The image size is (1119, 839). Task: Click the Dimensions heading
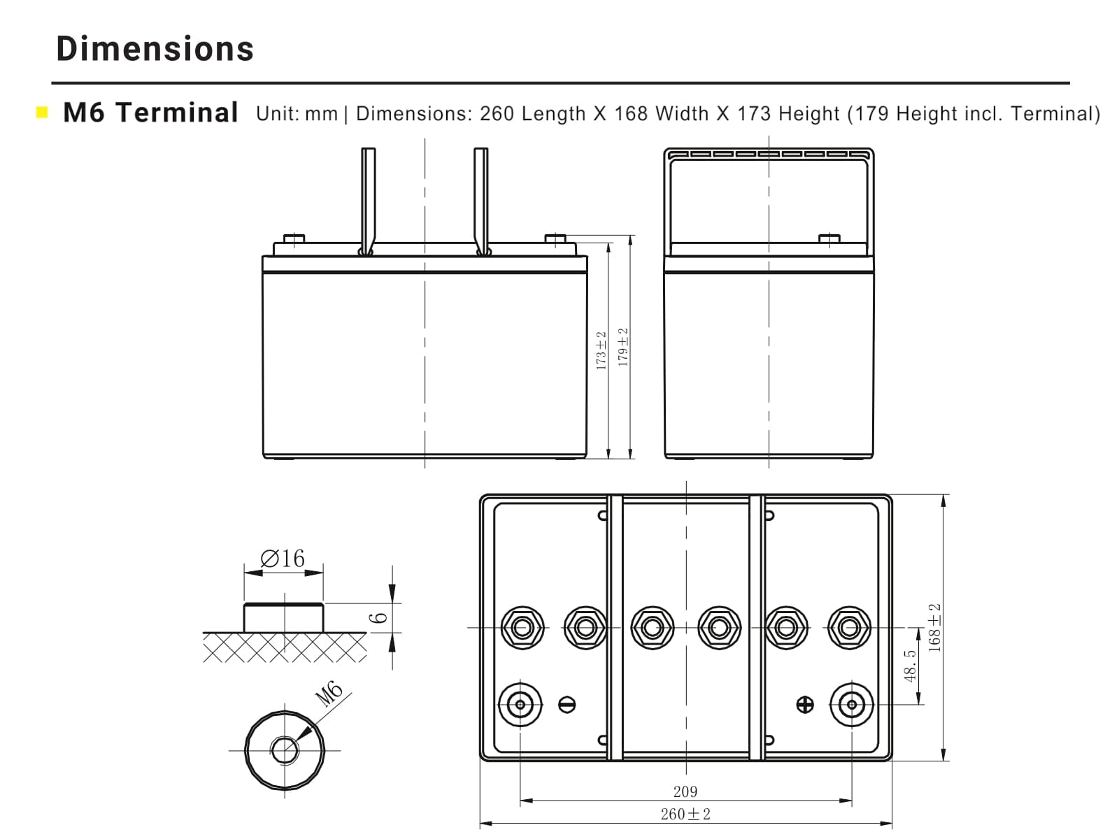155,48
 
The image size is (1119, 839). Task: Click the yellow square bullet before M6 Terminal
42,112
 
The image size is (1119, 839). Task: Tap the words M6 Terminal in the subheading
150,112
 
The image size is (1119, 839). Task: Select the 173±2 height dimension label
601,351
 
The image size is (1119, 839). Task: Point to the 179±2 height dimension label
623,347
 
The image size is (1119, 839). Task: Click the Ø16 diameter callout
283,558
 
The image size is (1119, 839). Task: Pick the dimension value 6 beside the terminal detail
378,618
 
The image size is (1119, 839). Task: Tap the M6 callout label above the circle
328,693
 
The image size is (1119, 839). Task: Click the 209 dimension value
685,791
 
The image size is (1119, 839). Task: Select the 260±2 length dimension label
685,814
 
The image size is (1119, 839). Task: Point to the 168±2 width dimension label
934,628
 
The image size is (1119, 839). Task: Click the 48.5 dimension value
910,666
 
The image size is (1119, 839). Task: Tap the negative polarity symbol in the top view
567,704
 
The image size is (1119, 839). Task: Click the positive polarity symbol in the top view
805,704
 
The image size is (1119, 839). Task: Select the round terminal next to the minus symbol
520,704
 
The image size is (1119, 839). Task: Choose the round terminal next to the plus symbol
852,704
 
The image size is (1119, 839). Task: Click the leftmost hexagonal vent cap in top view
522,627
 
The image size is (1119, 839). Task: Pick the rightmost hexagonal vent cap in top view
849,627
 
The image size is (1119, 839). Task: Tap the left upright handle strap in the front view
368,201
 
